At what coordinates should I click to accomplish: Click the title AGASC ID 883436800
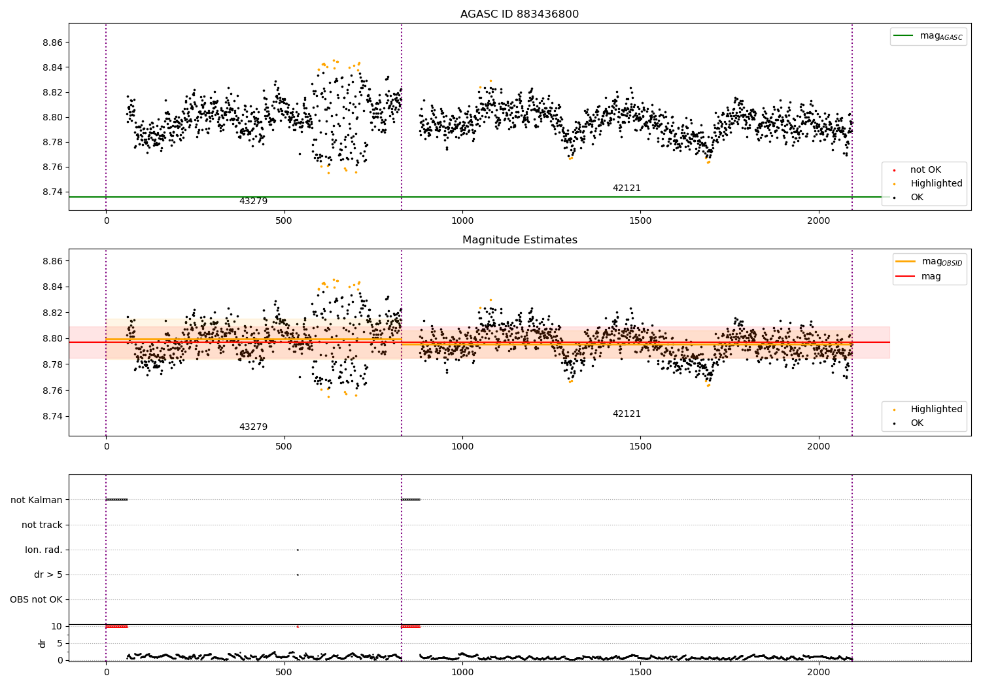519,14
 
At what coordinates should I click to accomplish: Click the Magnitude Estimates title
519,240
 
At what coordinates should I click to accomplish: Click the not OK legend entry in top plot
925,170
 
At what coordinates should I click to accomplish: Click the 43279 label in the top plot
253,202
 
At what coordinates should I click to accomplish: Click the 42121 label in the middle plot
627,414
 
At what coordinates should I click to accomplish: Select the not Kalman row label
37,500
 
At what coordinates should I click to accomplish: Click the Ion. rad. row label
44,550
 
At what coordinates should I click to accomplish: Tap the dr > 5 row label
48,574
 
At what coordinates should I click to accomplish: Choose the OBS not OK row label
37,599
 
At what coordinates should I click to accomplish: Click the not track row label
42,525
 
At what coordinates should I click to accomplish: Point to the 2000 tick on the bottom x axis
818,672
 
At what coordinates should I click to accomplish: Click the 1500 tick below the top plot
640,221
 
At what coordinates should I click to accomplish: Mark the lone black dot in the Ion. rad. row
298,550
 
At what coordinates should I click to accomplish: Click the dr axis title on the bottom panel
43,643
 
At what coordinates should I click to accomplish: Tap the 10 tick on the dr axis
56,626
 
